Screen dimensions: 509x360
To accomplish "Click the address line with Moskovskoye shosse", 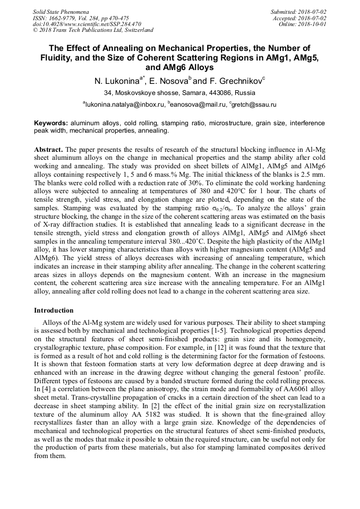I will [179, 93].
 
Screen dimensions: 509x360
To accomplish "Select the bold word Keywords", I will [51, 123].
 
